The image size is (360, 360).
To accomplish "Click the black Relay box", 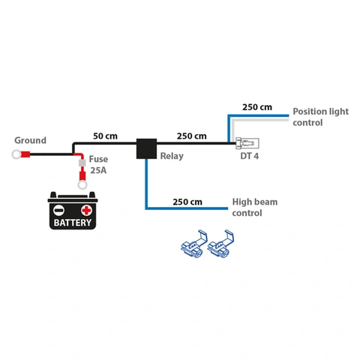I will (x=146, y=148).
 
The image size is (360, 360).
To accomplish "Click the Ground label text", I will (x=30, y=140).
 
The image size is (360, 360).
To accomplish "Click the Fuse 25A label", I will (x=98, y=165).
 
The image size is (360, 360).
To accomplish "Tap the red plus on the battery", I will (x=87, y=209).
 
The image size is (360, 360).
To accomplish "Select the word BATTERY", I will (x=73, y=223).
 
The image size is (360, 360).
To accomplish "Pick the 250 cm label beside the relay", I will (x=191, y=136).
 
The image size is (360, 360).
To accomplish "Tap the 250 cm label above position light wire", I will (x=257, y=107).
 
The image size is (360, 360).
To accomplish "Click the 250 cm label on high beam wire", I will (x=187, y=202).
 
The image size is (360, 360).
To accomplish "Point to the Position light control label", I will (x=320, y=116).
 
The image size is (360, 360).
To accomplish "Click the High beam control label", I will (x=256, y=207).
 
